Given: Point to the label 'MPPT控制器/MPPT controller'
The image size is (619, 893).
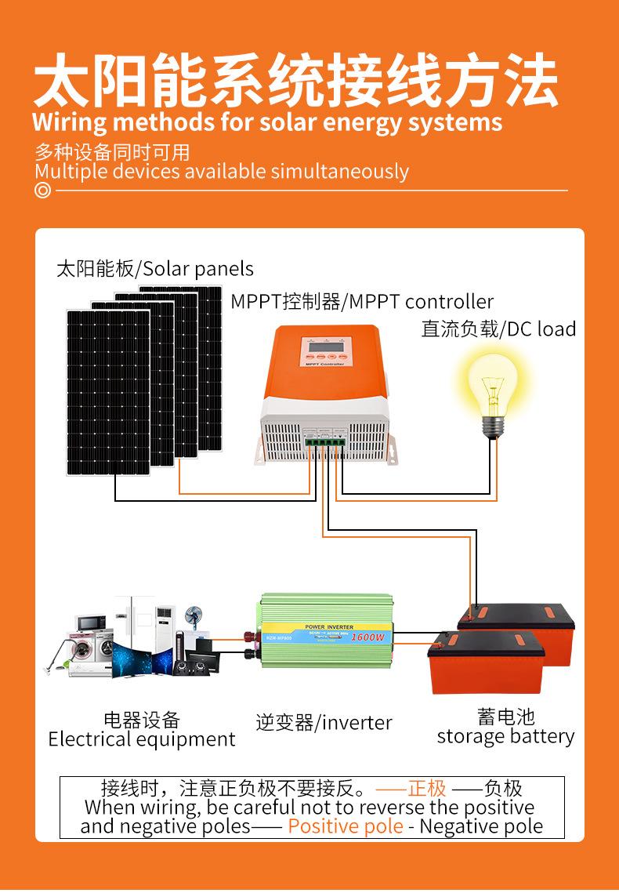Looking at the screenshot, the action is [x=362, y=302].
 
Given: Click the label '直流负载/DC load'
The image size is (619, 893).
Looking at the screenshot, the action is [x=498, y=329].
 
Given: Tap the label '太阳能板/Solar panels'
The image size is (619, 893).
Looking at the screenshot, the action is [x=155, y=269].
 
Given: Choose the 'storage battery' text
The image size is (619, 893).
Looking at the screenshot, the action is [x=505, y=736].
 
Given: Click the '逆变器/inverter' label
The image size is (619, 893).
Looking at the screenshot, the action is [x=324, y=722].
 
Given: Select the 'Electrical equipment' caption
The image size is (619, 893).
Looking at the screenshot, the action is [x=142, y=739].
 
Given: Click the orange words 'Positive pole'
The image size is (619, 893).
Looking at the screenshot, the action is [x=346, y=826].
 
